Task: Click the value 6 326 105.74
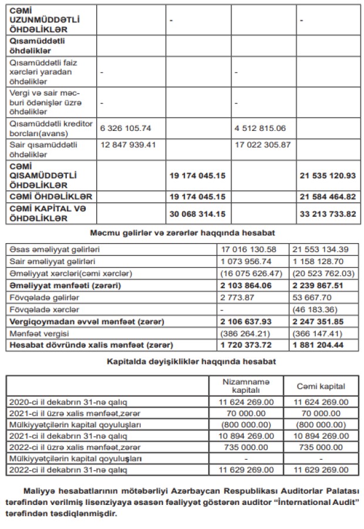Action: [x=126, y=127]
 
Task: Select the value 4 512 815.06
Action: [x=260, y=127]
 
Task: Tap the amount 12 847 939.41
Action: [x=128, y=144]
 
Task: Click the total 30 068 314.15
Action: [x=198, y=214]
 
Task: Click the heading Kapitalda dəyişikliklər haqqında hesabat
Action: [x=183, y=362]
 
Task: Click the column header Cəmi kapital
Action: [x=320, y=387]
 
